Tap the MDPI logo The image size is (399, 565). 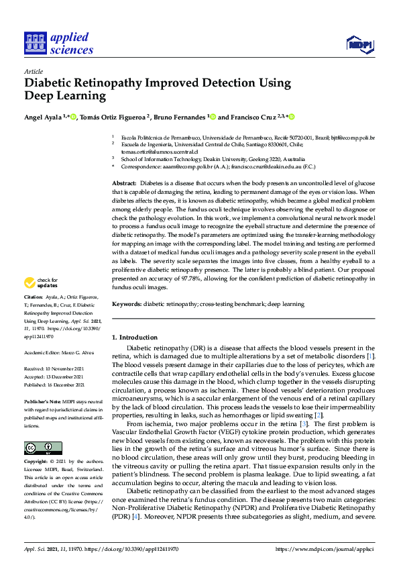click(x=360, y=44)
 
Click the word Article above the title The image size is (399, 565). click(x=33, y=71)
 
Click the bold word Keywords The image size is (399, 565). click(x=126, y=304)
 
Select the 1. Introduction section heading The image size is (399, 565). click(x=134, y=337)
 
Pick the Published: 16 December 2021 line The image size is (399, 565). click(x=54, y=385)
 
